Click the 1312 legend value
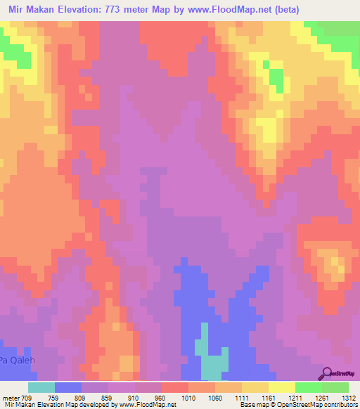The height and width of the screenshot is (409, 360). (x=349, y=397)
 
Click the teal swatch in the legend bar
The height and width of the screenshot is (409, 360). (x=41, y=387)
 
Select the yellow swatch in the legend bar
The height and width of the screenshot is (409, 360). (x=282, y=387)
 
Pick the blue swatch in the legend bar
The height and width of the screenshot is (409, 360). (x=68, y=387)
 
